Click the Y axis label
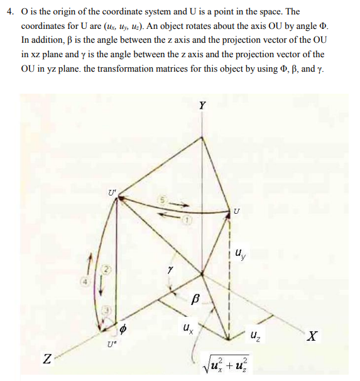click(x=202, y=106)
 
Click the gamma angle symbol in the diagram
click(x=170, y=268)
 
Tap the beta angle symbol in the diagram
click(x=195, y=301)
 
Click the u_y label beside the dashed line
click(x=241, y=255)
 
